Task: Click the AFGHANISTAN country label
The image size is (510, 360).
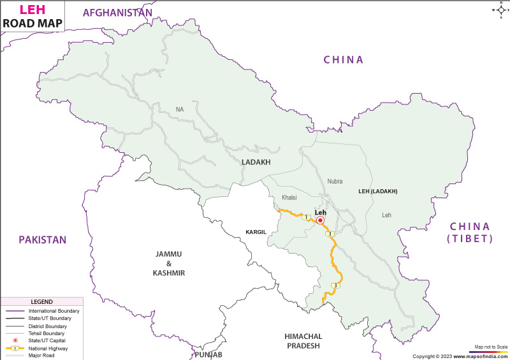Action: click(118, 13)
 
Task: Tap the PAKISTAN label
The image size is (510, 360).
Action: click(42, 240)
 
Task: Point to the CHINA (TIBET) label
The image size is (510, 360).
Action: click(470, 233)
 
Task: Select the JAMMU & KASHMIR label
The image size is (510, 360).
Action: click(169, 263)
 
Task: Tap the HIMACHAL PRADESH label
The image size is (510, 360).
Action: click(303, 341)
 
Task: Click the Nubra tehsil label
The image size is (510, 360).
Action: click(335, 181)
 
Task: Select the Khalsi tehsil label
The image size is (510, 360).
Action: click(289, 198)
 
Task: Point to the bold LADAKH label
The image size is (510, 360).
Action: click(256, 162)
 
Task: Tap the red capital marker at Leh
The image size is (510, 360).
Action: click(320, 220)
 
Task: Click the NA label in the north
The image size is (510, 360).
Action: click(180, 110)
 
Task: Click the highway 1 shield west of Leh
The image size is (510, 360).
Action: click(306, 217)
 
